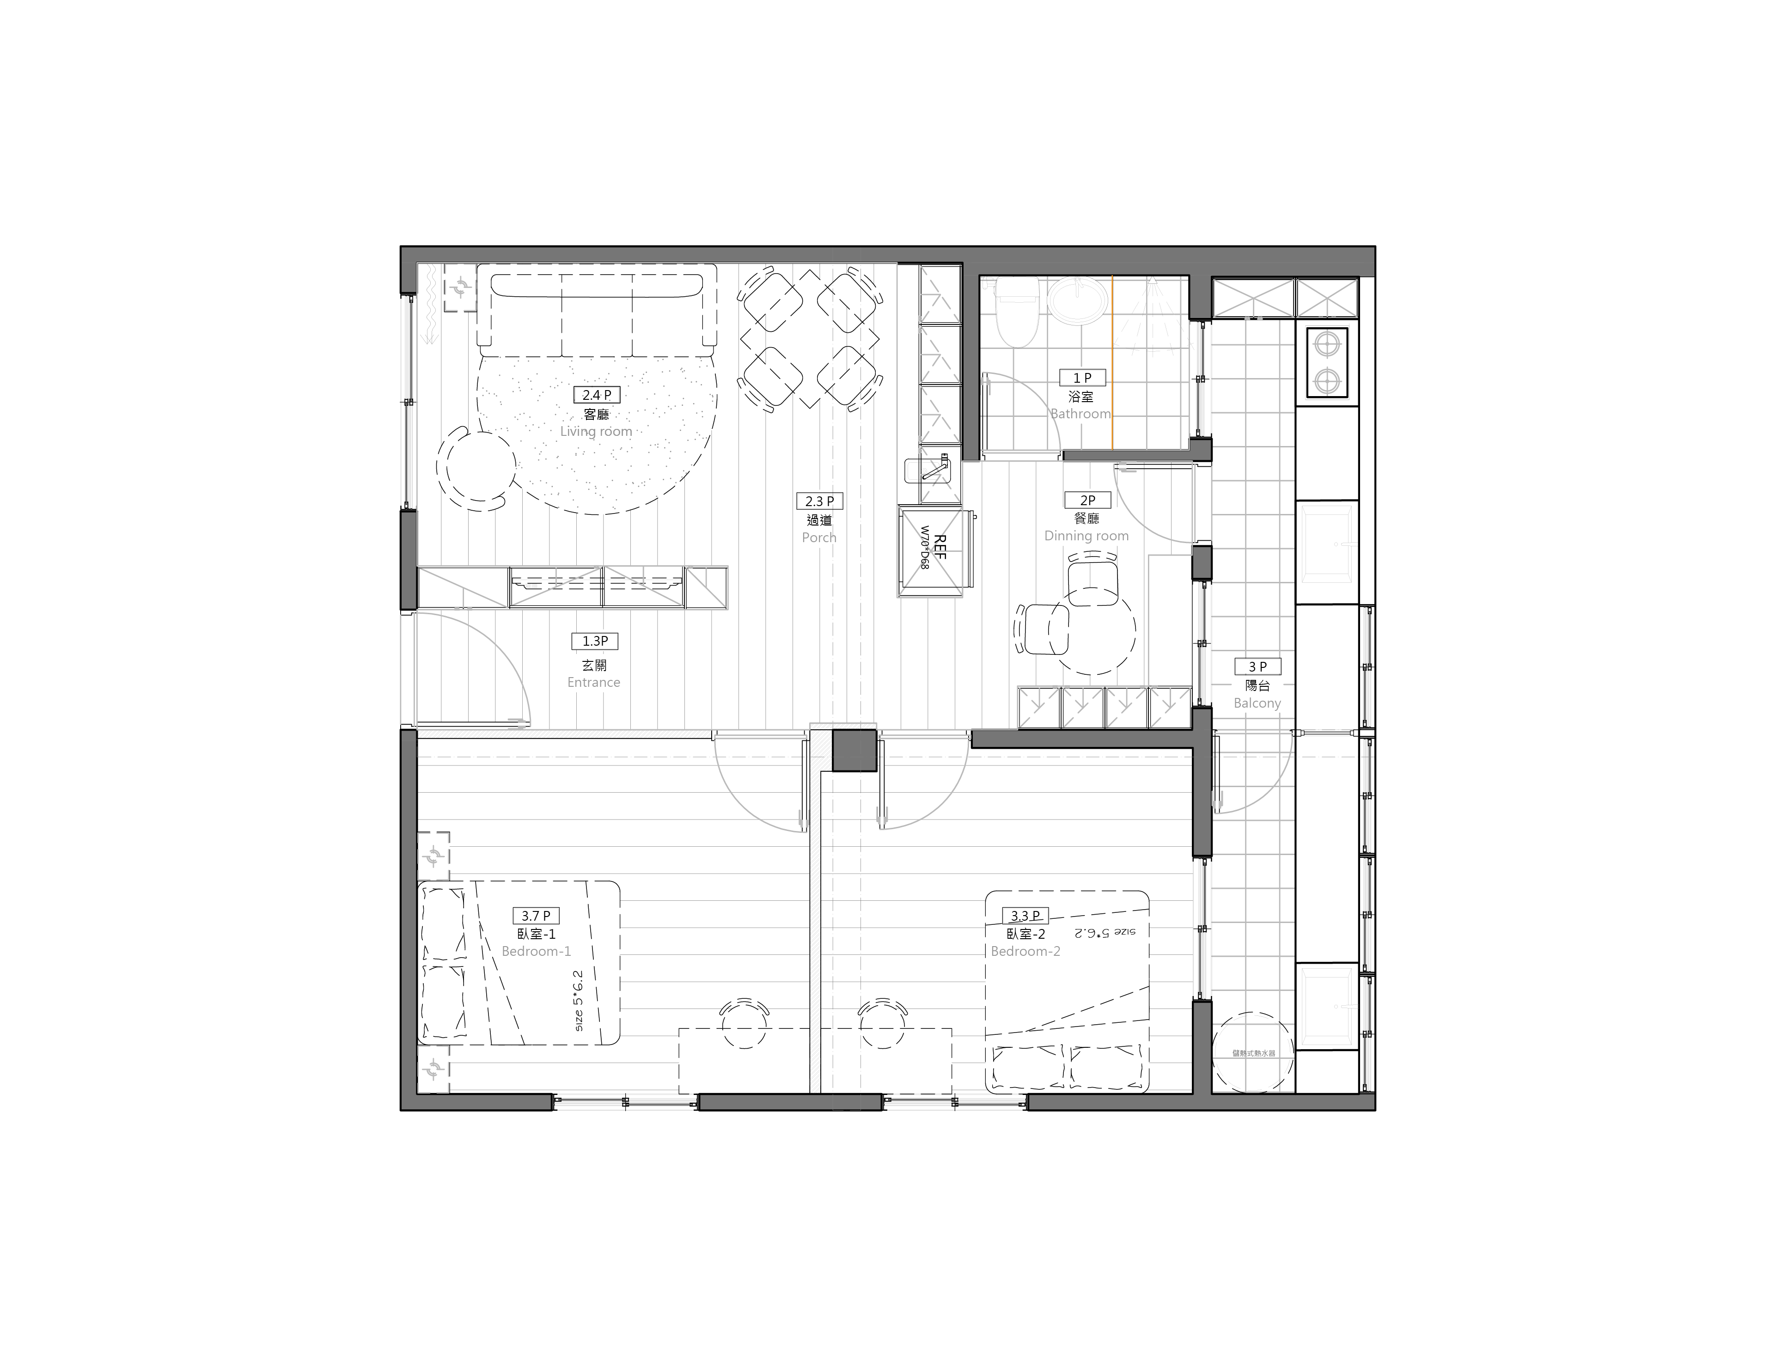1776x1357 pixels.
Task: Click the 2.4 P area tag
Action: tap(596, 395)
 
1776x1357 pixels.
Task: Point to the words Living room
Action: tap(596, 431)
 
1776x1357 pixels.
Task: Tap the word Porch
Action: tap(819, 537)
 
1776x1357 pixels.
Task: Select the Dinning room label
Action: tap(1086, 536)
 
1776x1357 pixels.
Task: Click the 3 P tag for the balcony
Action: tap(1257, 666)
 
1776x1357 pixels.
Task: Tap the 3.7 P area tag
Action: tap(536, 916)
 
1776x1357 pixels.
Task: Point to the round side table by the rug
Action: tap(476, 469)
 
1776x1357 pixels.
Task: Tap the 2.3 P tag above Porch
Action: tap(819, 501)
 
